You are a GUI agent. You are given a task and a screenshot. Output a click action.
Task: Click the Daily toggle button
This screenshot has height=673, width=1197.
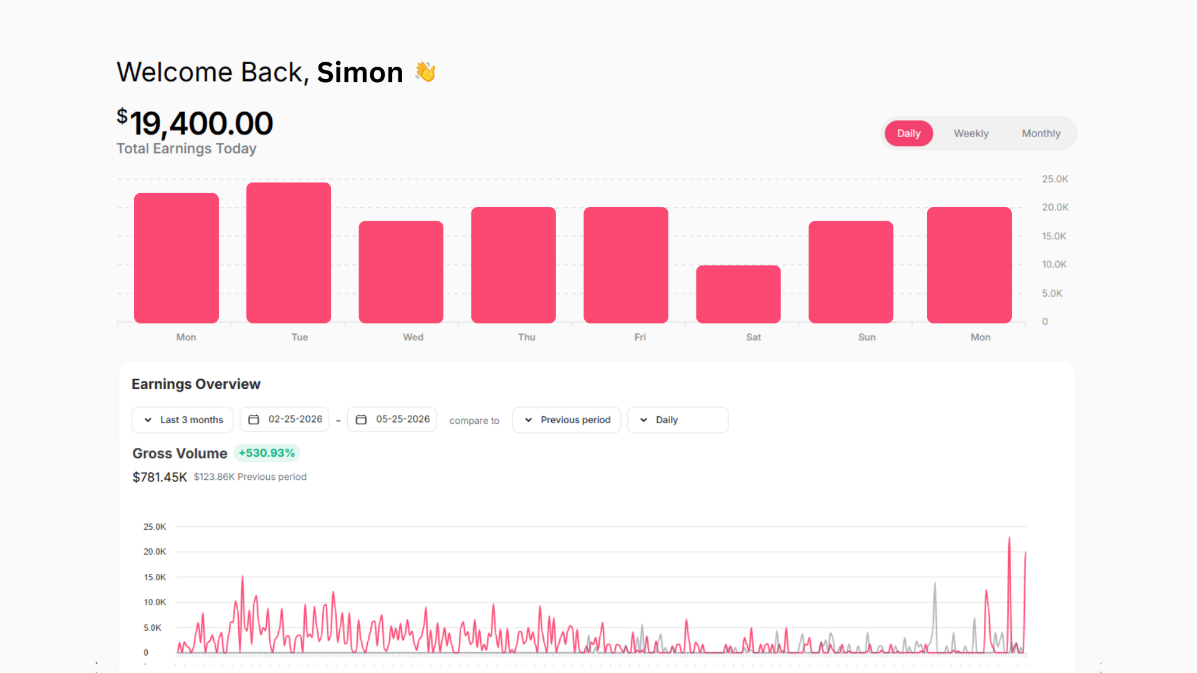908,133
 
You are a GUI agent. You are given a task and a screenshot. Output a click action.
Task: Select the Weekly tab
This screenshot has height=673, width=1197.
971,133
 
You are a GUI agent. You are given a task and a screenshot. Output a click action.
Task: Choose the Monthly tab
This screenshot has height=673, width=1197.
1041,133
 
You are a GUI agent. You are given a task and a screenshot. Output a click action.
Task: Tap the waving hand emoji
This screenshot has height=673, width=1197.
426,72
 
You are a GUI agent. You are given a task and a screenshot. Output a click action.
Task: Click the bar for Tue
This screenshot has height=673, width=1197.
289,252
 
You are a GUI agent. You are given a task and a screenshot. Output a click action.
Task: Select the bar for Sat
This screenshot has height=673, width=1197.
738,294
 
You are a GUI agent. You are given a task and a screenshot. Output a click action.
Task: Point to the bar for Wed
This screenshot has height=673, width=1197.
401,272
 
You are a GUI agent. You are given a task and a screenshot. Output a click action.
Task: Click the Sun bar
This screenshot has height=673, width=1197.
851,272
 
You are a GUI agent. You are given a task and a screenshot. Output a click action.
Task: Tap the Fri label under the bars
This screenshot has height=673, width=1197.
640,337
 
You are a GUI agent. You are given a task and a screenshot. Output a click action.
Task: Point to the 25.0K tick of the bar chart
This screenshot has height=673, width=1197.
1055,179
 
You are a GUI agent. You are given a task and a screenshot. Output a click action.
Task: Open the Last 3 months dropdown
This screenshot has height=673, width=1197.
183,420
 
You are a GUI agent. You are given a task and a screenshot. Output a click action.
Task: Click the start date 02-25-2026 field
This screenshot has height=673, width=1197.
284,419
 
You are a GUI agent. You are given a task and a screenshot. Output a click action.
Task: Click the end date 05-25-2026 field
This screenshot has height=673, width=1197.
392,419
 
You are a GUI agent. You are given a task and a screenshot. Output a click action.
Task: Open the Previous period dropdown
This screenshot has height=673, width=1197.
566,420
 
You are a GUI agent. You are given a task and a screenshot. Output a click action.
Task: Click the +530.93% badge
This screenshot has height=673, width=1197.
267,453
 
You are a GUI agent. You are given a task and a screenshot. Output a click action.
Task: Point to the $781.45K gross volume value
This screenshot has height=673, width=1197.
160,477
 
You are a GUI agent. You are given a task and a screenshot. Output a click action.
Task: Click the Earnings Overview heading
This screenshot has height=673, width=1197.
196,384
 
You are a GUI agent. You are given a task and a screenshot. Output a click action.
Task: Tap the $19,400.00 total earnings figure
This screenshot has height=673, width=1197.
195,123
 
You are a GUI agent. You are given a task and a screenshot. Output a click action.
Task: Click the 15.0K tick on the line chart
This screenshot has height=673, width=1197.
155,578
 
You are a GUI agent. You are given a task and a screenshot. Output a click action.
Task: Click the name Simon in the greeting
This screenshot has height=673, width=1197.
360,72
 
